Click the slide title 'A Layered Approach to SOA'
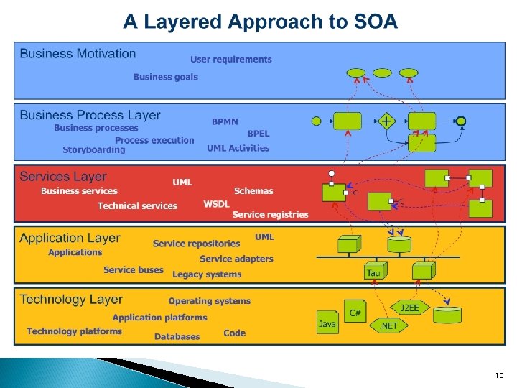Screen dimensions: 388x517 260,22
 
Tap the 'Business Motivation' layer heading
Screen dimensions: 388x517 78,54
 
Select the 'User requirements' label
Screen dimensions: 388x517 231,60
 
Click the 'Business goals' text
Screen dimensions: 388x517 165,77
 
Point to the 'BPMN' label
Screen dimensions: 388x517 225,122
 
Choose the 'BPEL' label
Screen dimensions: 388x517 258,134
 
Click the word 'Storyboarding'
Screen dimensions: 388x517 93,150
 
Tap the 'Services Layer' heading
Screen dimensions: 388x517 63,177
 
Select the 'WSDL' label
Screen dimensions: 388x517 216,204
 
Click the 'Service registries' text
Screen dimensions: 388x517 270,214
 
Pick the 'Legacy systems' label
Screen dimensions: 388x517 207,274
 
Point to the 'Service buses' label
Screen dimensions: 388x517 134,270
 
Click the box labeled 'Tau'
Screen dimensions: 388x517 374,270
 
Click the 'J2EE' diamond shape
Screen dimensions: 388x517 409,308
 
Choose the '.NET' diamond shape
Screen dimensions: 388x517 388,325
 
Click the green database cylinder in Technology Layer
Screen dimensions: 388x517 450,314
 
